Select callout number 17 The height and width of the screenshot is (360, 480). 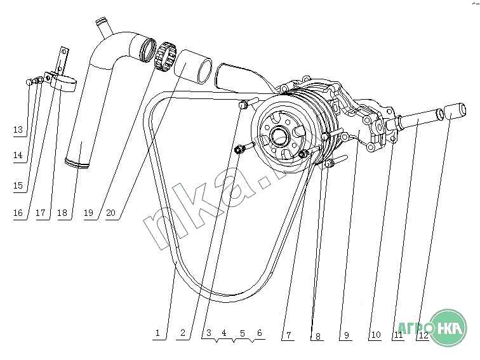click(41, 213)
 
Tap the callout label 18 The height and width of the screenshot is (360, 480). click(62, 213)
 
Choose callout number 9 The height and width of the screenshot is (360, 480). click(346, 335)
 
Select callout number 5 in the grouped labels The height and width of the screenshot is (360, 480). click(242, 333)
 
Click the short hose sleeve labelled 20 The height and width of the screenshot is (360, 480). click(195, 67)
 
